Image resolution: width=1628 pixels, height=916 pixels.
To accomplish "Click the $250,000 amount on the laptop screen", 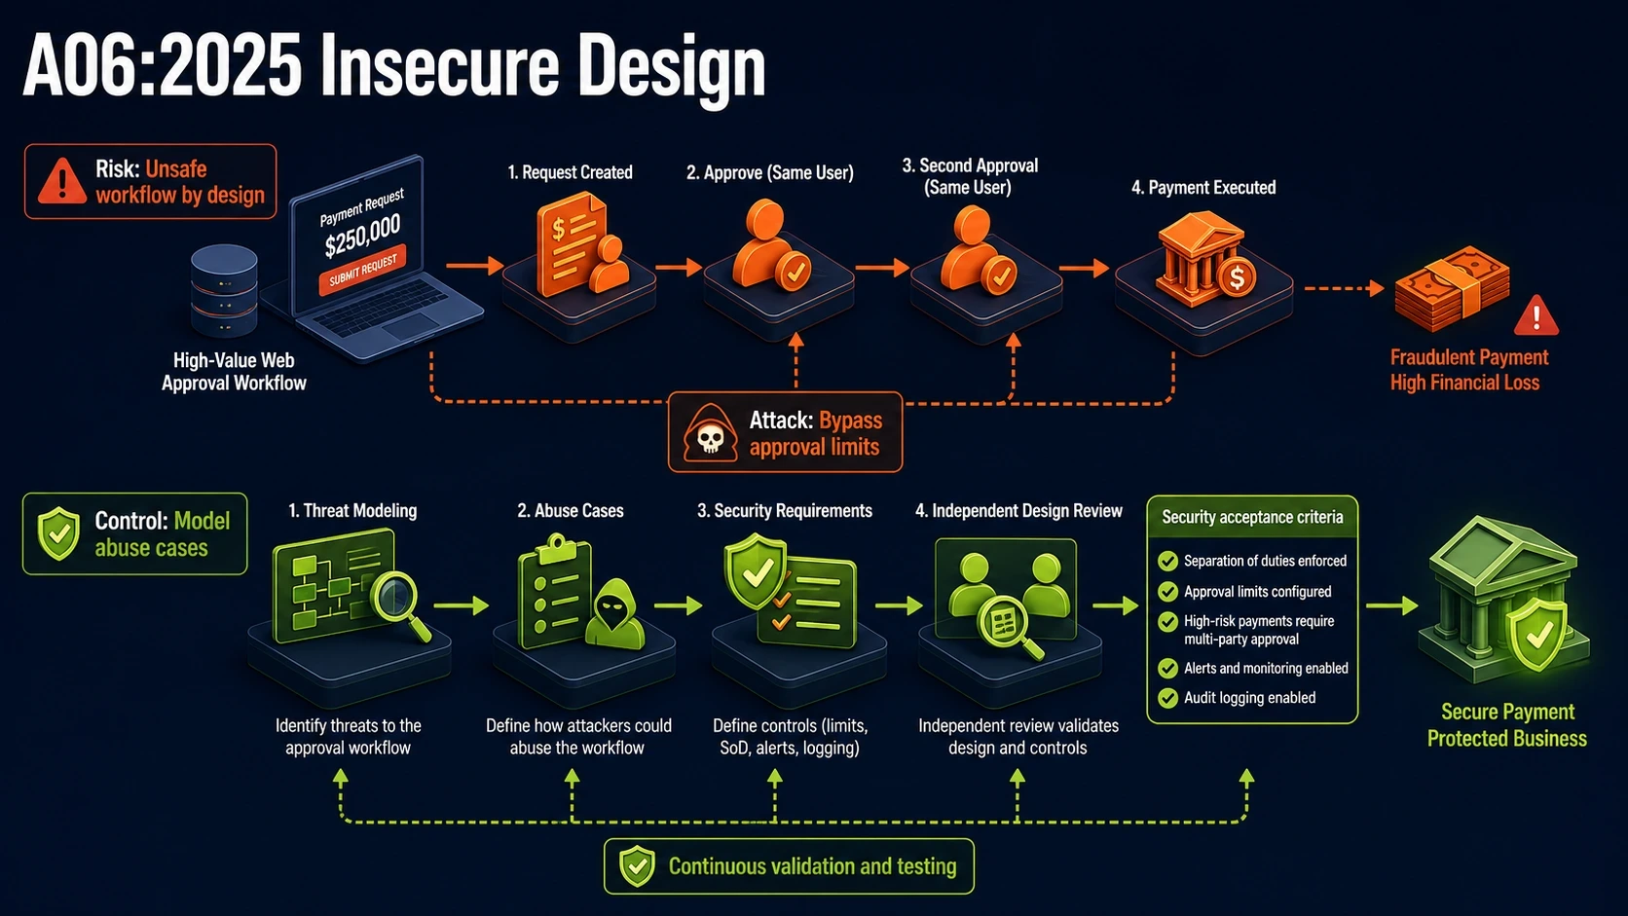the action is point(362,236).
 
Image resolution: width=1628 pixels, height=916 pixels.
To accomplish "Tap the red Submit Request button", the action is point(362,270).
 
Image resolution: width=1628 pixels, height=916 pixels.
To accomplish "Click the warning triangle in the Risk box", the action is point(61,181).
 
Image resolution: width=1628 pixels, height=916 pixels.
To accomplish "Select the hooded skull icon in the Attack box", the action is point(710,433).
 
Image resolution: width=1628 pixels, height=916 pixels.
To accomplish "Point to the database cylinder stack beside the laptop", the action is point(224,290).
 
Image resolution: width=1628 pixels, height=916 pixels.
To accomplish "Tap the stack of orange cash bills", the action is point(1452,288).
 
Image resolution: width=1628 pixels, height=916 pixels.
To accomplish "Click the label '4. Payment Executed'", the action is point(1202,188).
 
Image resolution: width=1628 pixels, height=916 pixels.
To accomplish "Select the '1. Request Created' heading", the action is point(570,172).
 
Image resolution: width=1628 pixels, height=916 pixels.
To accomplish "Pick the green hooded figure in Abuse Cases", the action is point(614,614).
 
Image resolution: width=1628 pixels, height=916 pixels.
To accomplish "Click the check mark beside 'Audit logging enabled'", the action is point(1168,698).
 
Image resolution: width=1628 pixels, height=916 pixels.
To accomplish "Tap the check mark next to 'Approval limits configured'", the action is point(1168,591).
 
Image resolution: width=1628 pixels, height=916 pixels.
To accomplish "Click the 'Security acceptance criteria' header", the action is point(1252,517).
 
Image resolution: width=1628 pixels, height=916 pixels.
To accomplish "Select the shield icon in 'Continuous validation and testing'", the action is point(638,866).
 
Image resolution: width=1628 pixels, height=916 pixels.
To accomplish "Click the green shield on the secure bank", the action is point(1537,635).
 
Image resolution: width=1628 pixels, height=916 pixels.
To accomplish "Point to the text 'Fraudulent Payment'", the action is point(1469,357).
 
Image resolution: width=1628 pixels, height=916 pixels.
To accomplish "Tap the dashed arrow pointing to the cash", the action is point(1344,288).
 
